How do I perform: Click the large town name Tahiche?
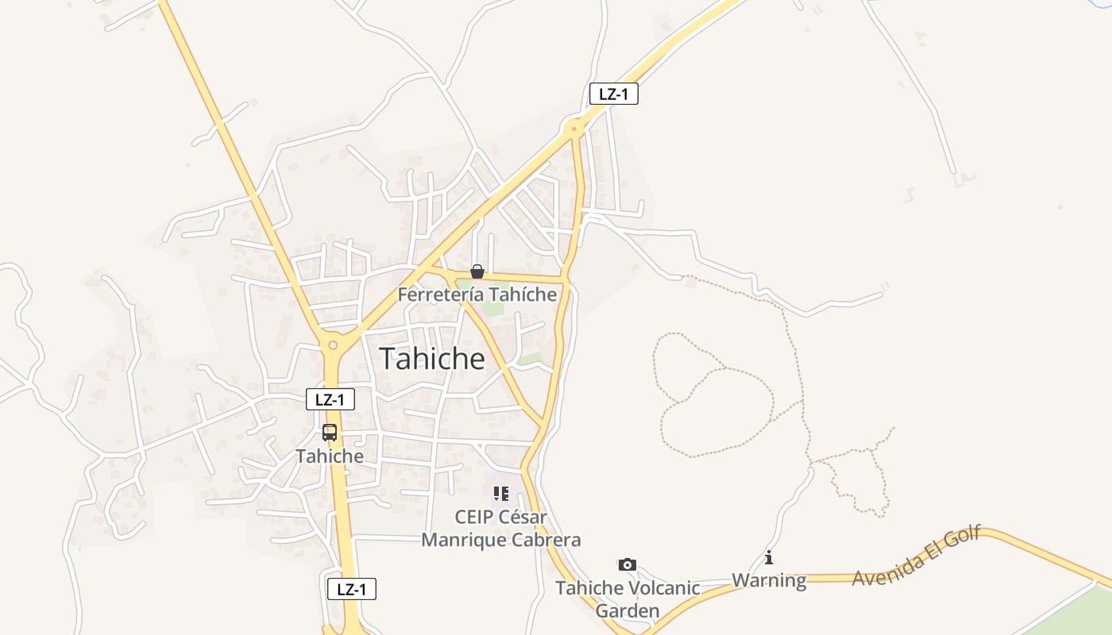(x=431, y=359)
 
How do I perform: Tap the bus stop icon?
(x=330, y=433)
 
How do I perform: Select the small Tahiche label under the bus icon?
(x=330, y=456)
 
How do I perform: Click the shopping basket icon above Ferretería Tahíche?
(x=477, y=271)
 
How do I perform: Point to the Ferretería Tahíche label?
(x=477, y=294)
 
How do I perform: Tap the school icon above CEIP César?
(x=500, y=494)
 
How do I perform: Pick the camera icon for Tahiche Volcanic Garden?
(x=627, y=564)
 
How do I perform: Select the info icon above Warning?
(x=768, y=557)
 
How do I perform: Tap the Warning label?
(x=768, y=580)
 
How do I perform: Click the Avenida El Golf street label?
(x=917, y=556)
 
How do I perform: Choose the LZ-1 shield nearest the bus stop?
(x=330, y=399)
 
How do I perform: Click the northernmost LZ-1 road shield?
(x=613, y=94)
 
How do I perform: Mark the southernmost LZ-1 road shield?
(x=352, y=589)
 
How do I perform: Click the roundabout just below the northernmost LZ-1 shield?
(x=573, y=127)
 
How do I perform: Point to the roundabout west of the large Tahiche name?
(x=333, y=344)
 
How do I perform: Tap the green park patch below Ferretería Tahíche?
(x=492, y=309)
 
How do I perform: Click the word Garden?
(x=627, y=611)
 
